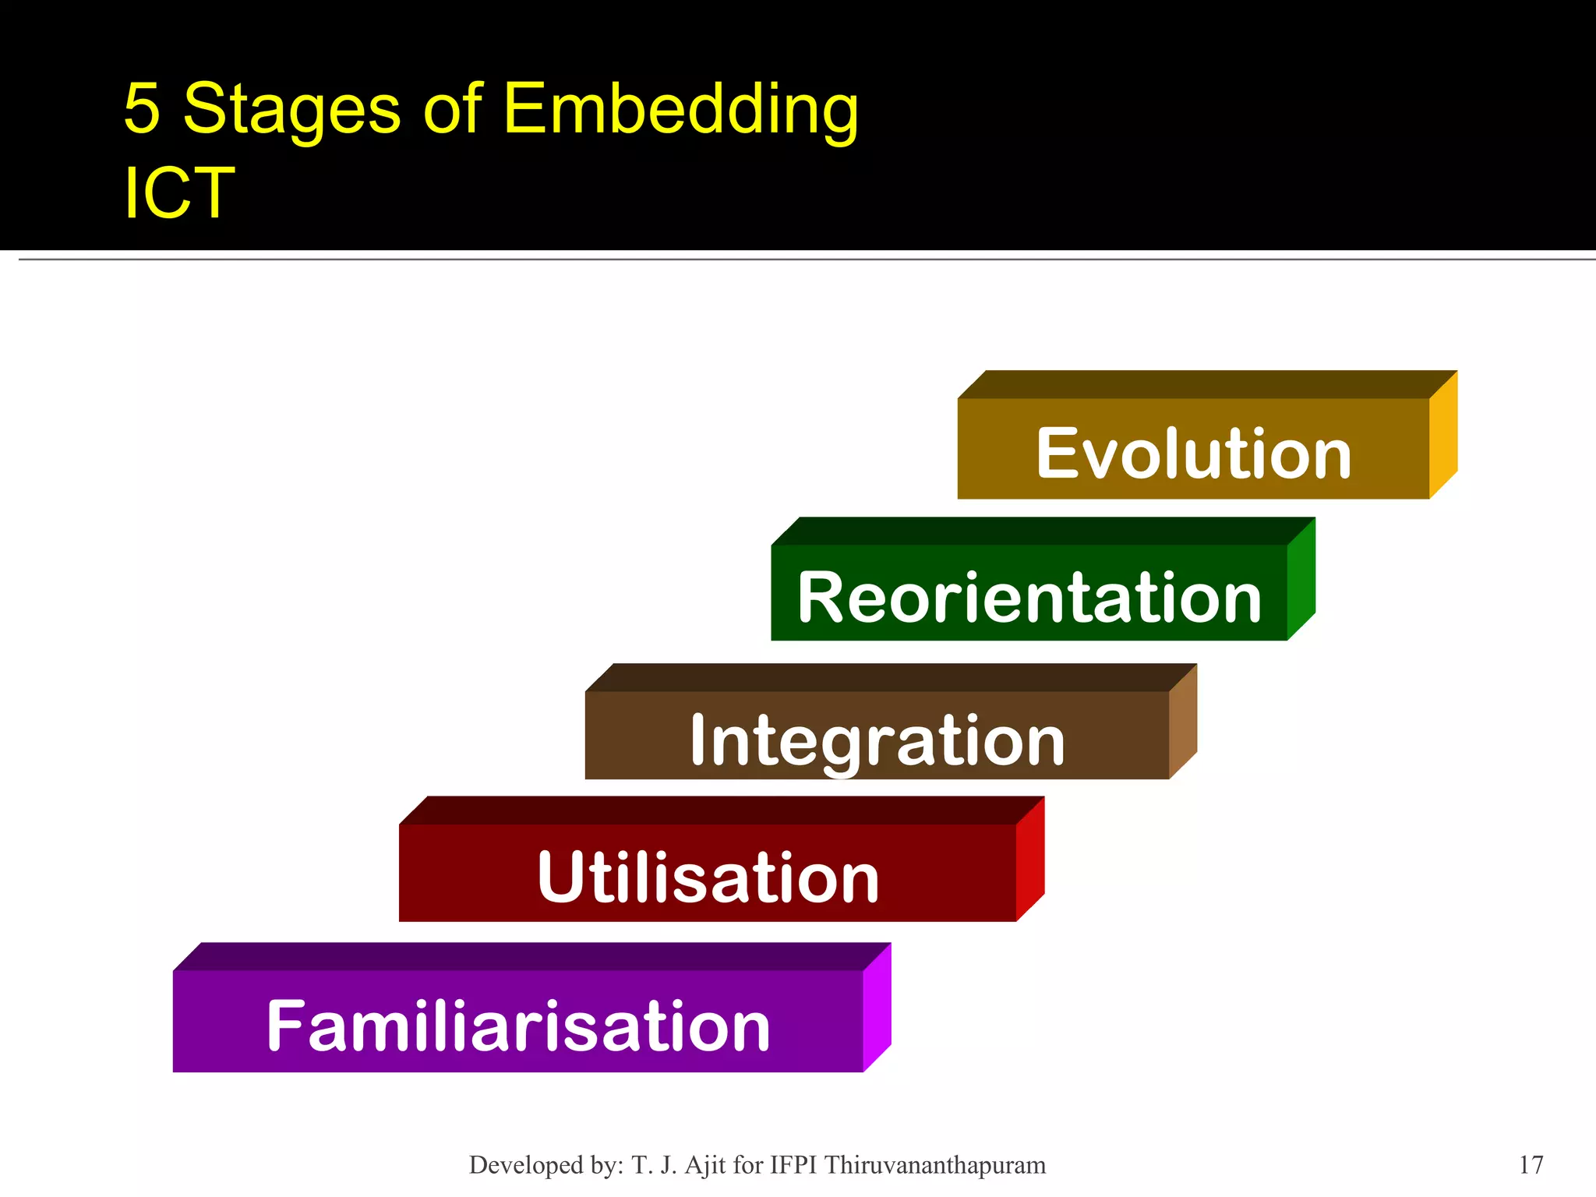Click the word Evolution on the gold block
point(1193,454)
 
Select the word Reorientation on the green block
point(1029,598)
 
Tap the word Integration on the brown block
point(877,741)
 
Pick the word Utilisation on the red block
point(708,878)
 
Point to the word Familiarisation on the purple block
point(518,1026)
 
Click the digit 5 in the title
point(142,108)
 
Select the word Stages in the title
point(291,110)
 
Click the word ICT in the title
point(179,192)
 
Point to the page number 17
point(1531,1165)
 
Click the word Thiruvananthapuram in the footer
point(935,1165)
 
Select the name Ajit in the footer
point(707,1165)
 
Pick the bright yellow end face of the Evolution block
point(1443,435)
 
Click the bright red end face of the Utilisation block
point(1030,859)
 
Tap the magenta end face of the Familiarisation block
point(877,1008)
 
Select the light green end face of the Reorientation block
point(1301,579)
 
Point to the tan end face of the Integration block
point(1183,722)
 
